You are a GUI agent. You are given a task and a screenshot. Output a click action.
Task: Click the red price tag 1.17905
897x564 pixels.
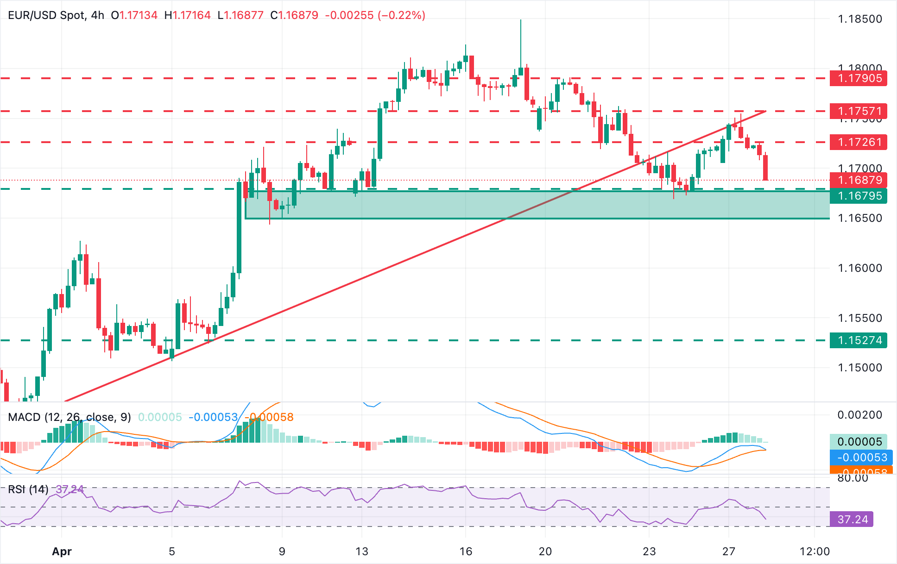pos(859,78)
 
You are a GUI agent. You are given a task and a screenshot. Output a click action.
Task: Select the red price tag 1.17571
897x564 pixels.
pos(859,111)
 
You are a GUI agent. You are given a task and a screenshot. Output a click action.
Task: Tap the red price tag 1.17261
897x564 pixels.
pos(859,142)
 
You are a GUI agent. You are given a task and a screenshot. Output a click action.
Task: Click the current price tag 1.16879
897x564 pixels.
pos(859,180)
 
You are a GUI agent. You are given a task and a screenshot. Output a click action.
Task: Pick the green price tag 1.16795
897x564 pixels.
pos(859,196)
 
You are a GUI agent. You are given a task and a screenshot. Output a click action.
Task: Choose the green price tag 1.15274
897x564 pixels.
pos(859,340)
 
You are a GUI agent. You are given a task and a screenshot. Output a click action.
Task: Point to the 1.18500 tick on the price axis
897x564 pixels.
pos(860,19)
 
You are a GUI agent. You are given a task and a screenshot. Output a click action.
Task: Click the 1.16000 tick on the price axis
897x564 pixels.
pos(860,268)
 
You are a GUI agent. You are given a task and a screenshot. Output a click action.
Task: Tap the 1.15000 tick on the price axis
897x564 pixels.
pos(860,368)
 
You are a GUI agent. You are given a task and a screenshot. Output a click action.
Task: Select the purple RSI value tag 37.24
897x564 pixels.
pos(852,520)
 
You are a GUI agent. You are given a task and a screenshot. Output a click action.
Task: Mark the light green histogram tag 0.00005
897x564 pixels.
pos(858,441)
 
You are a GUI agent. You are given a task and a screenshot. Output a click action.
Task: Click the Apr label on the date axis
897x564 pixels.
pos(62,551)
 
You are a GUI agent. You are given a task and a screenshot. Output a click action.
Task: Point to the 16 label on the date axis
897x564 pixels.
pos(466,551)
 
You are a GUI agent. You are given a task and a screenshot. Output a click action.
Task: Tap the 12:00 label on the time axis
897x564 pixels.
pos(815,551)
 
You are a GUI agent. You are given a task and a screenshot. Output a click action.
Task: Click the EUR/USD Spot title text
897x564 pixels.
pos(46,15)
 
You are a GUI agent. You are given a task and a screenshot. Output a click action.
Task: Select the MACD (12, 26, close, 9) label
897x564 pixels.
pos(69,417)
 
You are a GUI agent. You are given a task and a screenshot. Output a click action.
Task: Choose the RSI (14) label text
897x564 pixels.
pos(28,489)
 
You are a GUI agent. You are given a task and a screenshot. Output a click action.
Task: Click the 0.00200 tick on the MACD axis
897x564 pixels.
pos(860,415)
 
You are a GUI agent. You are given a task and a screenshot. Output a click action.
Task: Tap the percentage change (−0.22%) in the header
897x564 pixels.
pos(401,15)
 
